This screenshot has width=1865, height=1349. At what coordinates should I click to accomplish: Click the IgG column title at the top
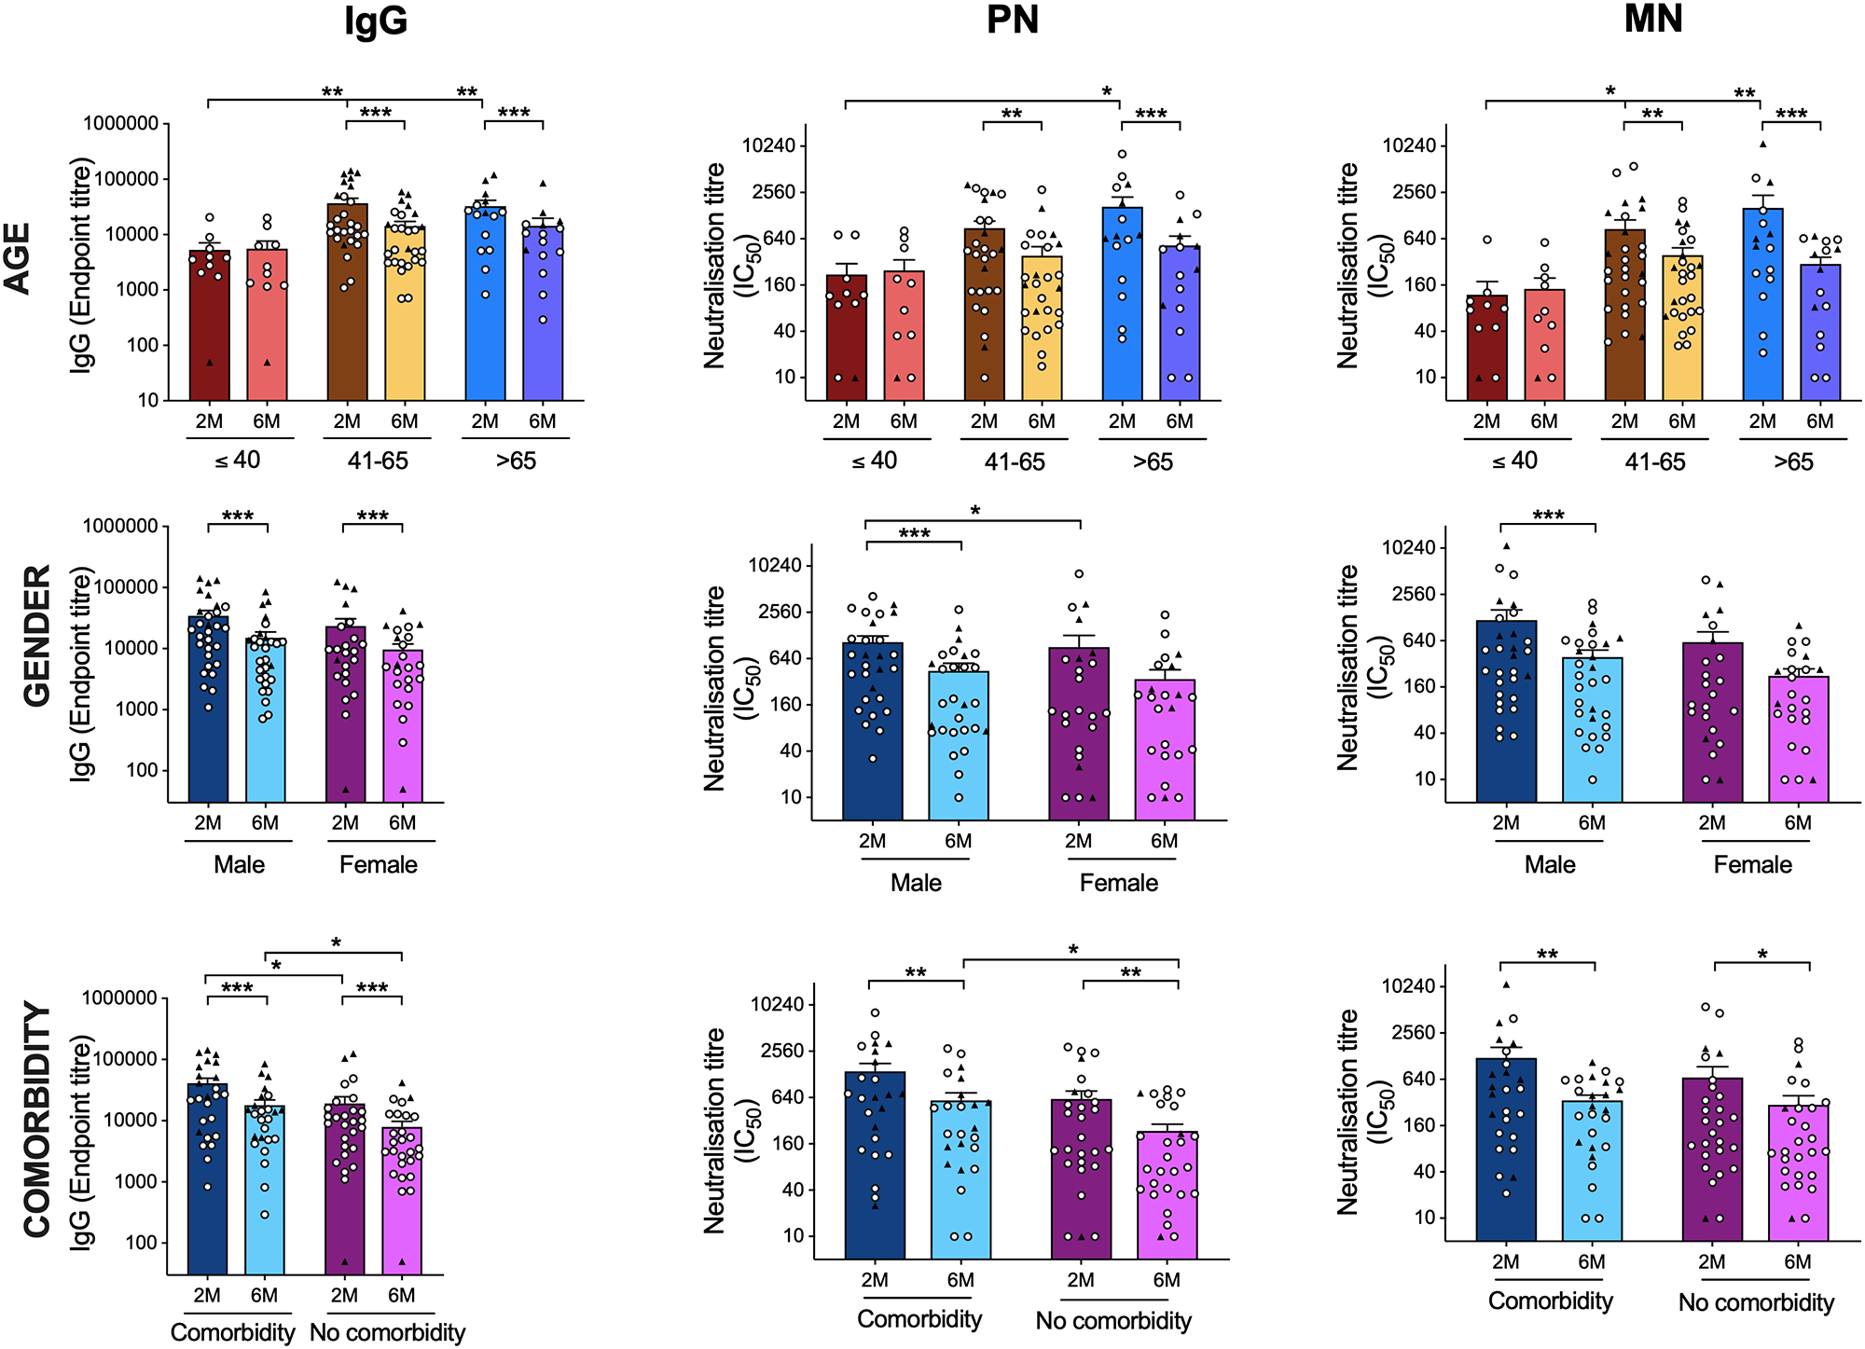(376, 21)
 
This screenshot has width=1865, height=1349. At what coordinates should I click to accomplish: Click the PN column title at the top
(1012, 21)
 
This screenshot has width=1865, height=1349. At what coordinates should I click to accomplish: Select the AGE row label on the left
(19, 258)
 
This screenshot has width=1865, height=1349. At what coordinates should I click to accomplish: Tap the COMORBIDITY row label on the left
(37, 1120)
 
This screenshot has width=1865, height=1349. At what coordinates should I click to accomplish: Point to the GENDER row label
(37, 636)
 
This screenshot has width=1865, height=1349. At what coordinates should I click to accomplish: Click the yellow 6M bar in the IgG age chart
(405, 317)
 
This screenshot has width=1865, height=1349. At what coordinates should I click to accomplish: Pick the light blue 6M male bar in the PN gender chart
(959, 746)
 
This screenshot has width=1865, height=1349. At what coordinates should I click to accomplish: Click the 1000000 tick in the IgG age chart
(120, 123)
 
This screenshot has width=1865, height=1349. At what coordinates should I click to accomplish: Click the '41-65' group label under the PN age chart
(1015, 462)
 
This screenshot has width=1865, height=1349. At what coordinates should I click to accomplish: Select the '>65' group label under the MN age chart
(1793, 462)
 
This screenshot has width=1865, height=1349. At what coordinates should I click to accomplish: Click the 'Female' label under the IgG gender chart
(378, 865)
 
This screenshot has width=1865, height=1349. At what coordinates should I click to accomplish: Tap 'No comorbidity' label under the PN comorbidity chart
(1113, 1321)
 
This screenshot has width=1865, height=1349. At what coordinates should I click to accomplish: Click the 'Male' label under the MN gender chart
(1550, 865)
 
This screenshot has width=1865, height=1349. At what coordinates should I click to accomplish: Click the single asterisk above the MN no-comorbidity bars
(1762, 955)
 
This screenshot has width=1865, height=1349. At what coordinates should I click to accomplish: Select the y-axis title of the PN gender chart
(727, 688)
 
